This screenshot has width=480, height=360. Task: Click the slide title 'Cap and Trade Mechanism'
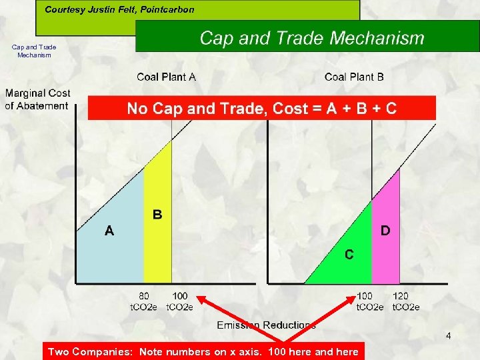click(x=311, y=38)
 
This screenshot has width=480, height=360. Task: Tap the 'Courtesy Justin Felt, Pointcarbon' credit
click(x=119, y=10)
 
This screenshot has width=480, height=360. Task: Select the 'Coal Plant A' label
click(x=166, y=77)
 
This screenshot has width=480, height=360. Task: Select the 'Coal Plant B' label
click(x=354, y=77)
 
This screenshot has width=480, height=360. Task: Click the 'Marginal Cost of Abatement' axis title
click(x=37, y=99)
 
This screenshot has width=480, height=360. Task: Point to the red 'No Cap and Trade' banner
click(x=261, y=108)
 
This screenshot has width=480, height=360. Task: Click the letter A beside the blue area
click(x=109, y=231)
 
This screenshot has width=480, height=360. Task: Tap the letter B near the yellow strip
click(x=157, y=215)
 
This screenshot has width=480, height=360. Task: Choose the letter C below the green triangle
click(x=349, y=254)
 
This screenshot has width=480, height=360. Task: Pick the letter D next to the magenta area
click(x=385, y=231)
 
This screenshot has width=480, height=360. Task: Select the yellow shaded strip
click(x=158, y=247)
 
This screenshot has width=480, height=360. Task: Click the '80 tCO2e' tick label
click(x=143, y=301)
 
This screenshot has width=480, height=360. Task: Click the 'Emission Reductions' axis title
click(x=266, y=325)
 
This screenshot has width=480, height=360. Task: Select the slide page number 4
click(x=448, y=335)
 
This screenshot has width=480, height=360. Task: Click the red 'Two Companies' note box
click(x=203, y=352)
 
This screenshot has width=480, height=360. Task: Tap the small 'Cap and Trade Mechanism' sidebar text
click(x=34, y=51)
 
